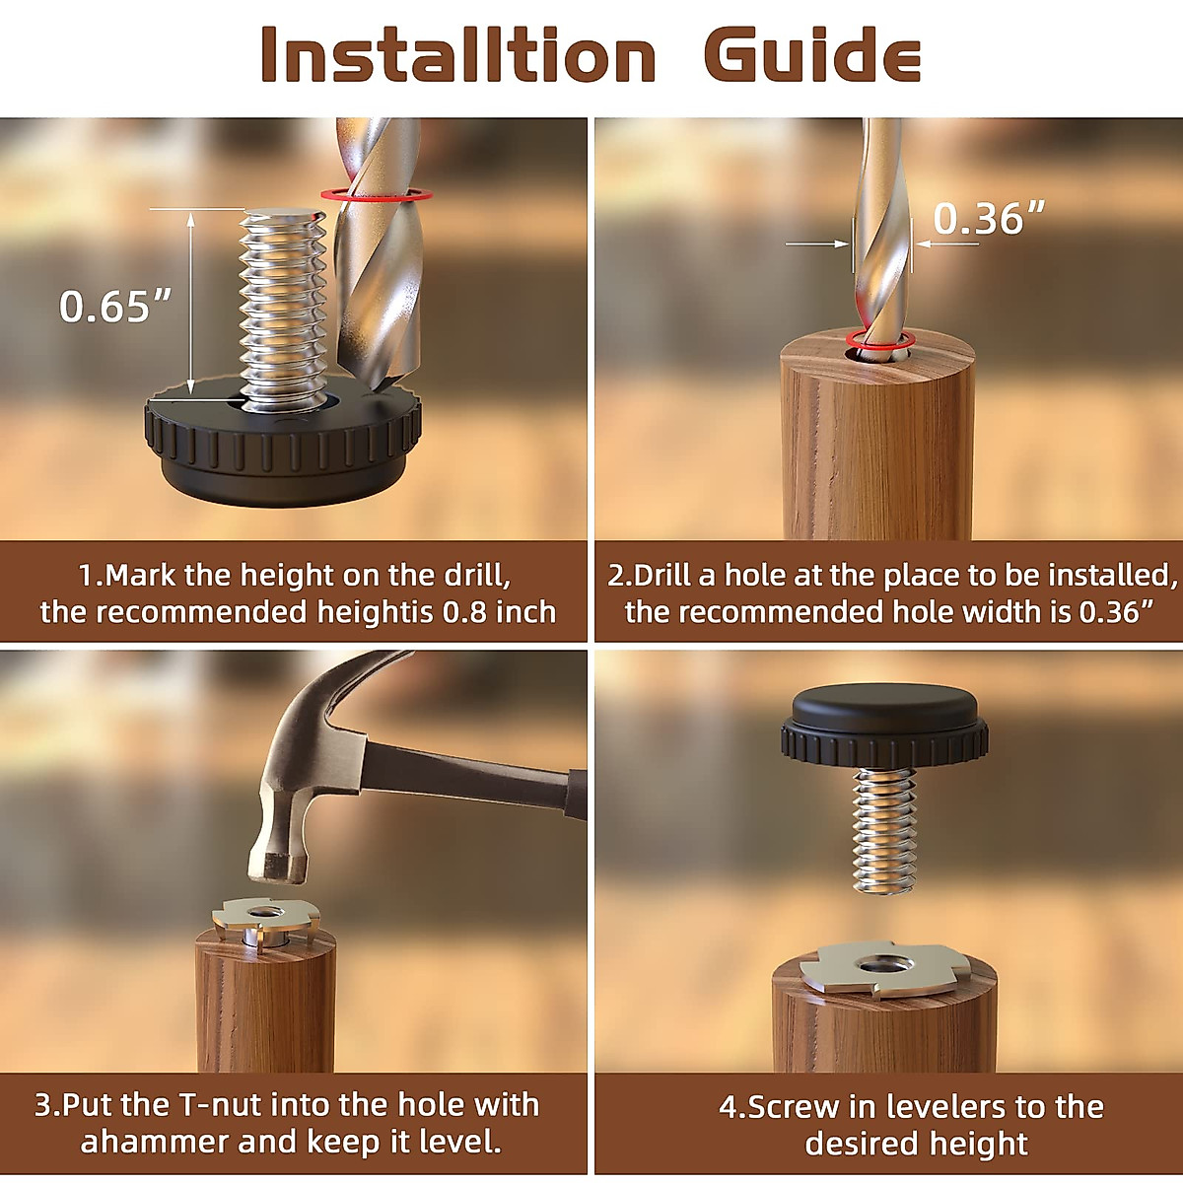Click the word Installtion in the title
(x=458, y=55)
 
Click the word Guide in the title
(x=812, y=55)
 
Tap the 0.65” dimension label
(x=115, y=307)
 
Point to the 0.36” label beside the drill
(x=989, y=219)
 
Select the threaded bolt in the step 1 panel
(x=284, y=306)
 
